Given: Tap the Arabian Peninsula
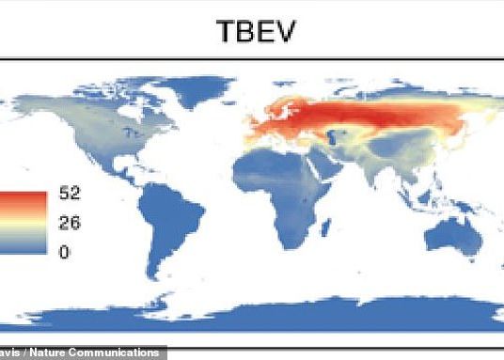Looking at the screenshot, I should [325, 169].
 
